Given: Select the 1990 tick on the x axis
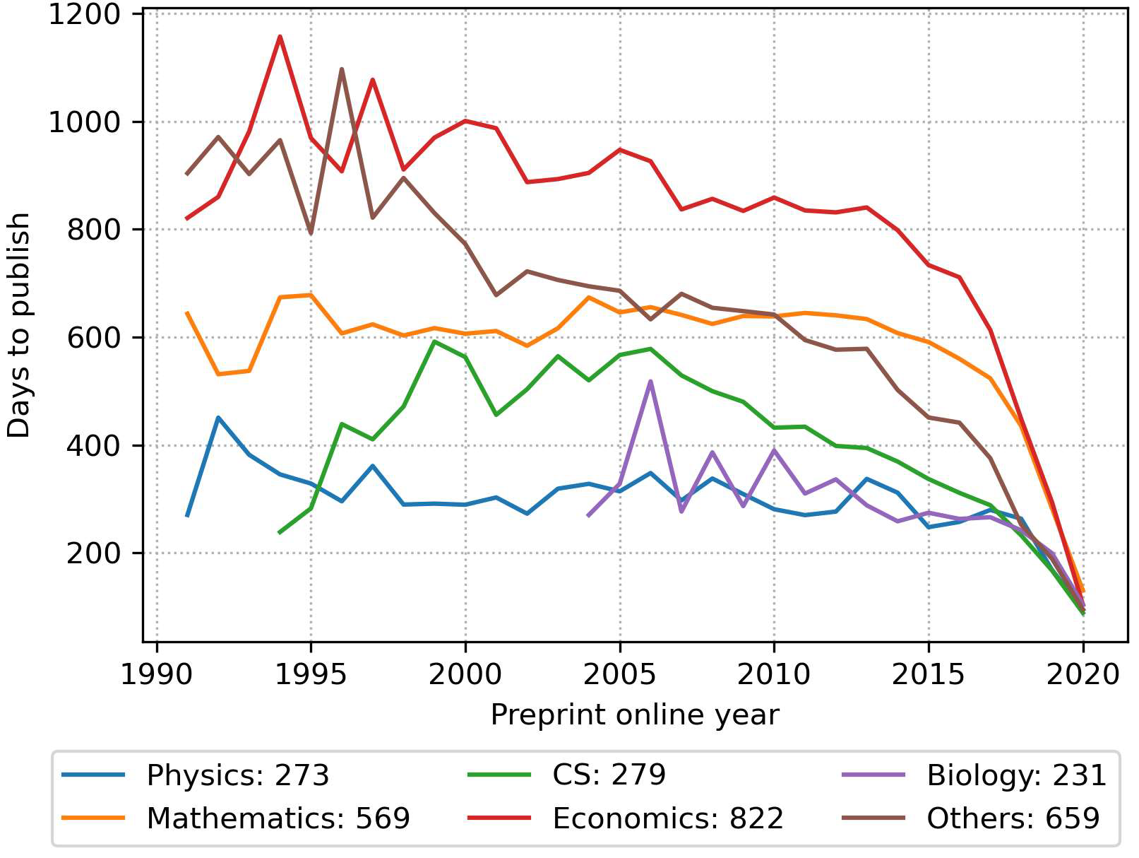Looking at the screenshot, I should [x=156, y=674].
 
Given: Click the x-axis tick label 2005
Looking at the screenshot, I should [x=619, y=674].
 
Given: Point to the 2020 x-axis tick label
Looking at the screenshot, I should [x=1083, y=674].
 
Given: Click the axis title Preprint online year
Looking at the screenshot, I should [x=634, y=715].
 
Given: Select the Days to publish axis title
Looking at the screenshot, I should [x=19, y=325].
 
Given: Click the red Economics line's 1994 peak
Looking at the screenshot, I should [x=280, y=36].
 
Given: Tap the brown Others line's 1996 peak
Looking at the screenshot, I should [x=342, y=69].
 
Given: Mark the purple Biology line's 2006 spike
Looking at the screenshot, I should [x=650, y=381].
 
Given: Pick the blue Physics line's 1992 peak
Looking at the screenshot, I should [x=218, y=418].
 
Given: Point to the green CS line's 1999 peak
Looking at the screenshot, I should [x=434, y=341].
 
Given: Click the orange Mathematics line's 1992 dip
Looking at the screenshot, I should [x=218, y=374].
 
